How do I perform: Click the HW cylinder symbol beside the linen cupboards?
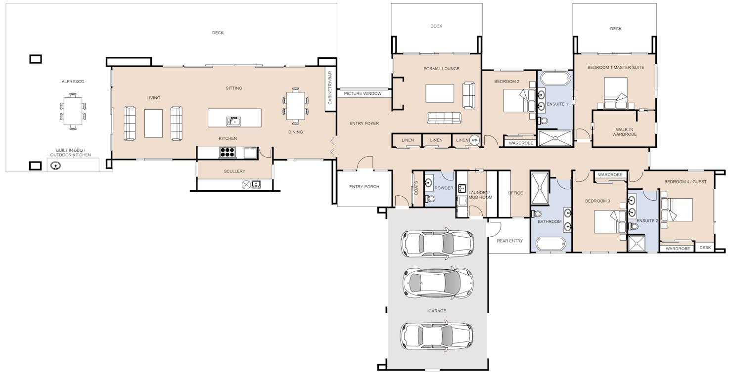click(474, 140)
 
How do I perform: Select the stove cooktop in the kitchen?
click(228, 153)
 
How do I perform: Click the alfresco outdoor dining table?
click(73, 112)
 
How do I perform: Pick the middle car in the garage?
click(438, 283)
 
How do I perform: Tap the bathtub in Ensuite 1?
click(554, 79)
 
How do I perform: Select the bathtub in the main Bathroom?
click(550, 244)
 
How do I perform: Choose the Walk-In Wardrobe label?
click(624, 131)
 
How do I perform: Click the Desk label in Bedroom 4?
click(705, 248)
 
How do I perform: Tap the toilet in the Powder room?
click(430, 199)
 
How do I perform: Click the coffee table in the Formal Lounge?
click(440, 93)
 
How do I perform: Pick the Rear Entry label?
click(509, 241)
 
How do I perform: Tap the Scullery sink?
click(256, 185)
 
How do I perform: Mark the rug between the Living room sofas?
click(153, 123)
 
